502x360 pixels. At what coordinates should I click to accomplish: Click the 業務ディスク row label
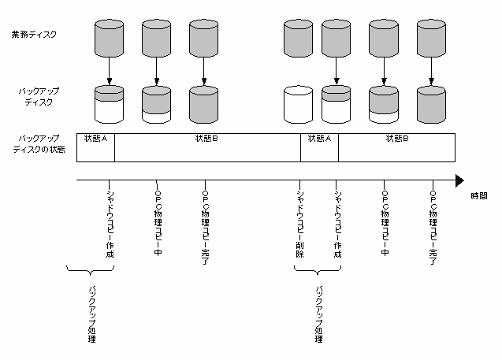pyautogui.click(x=34, y=34)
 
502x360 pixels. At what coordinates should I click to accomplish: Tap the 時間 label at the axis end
pyautogui.click(x=479, y=196)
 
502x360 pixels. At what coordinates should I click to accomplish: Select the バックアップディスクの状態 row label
pyautogui.click(x=39, y=144)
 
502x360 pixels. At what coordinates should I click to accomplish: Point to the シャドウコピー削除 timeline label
pyautogui.click(x=299, y=225)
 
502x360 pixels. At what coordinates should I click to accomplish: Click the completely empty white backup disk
pyautogui.click(x=298, y=104)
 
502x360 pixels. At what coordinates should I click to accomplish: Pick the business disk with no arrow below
pyautogui.click(x=298, y=39)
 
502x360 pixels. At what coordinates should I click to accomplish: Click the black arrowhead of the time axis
pyautogui.click(x=459, y=180)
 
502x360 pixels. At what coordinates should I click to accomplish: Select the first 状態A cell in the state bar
pyautogui.click(x=95, y=147)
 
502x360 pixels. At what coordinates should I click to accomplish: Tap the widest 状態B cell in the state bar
pyautogui.click(x=207, y=147)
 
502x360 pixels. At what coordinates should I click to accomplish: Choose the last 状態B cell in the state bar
pyautogui.click(x=396, y=147)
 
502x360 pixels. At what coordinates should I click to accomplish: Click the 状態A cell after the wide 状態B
pyautogui.click(x=319, y=147)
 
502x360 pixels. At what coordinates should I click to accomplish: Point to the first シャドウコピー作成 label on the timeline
pyautogui.click(x=110, y=225)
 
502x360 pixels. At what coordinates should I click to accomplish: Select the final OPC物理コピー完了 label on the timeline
pyautogui.click(x=433, y=228)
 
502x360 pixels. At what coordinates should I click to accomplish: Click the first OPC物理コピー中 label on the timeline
pyautogui.click(x=158, y=224)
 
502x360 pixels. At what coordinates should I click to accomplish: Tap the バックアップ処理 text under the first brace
pyautogui.click(x=92, y=314)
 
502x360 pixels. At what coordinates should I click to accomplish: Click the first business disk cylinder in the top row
pyautogui.click(x=110, y=39)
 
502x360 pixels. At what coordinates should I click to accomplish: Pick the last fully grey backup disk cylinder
pyautogui.click(x=431, y=104)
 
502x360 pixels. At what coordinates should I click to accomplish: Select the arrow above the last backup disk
pyautogui.click(x=431, y=71)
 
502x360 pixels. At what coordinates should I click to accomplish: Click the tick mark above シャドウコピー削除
pyautogui.click(x=299, y=184)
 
